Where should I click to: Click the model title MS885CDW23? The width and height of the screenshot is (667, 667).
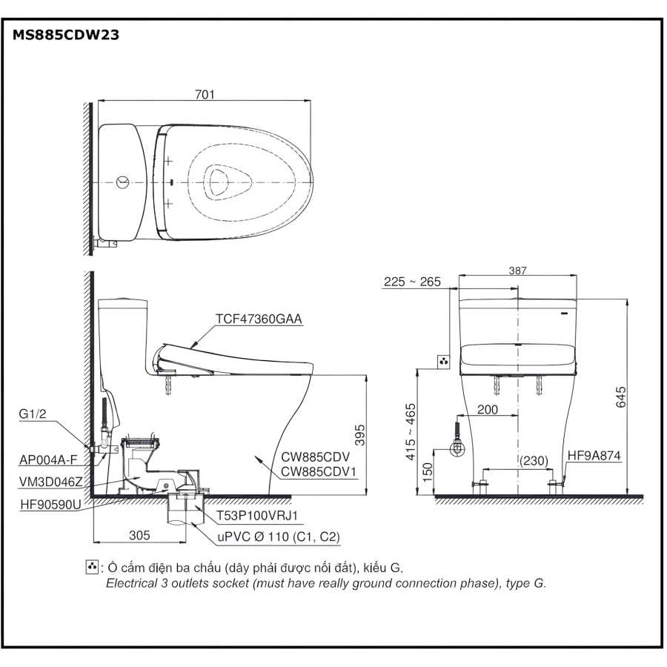[66, 35]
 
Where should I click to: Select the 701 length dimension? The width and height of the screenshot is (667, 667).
[205, 94]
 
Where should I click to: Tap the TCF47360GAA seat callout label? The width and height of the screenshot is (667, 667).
[259, 319]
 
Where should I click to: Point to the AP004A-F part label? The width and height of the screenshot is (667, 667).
[45, 459]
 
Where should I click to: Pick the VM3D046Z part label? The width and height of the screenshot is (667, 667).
[50, 481]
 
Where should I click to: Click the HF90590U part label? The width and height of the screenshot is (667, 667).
[50, 503]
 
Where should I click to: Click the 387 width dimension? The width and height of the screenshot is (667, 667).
[518, 272]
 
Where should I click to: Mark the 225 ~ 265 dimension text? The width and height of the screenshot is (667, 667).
[412, 282]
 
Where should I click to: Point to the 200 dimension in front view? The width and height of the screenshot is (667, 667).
[487, 409]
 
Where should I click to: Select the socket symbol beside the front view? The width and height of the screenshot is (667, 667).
[444, 361]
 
